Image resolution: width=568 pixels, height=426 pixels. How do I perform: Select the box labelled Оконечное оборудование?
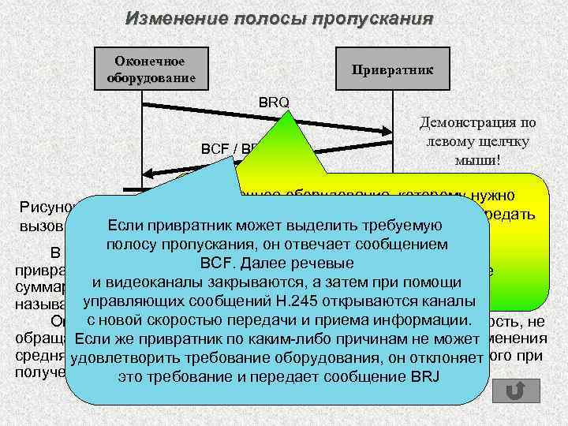(x=150, y=69)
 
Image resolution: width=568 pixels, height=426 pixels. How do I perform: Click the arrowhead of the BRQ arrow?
(x=386, y=131)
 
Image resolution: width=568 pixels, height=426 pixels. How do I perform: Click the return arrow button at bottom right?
(x=515, y=391)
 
